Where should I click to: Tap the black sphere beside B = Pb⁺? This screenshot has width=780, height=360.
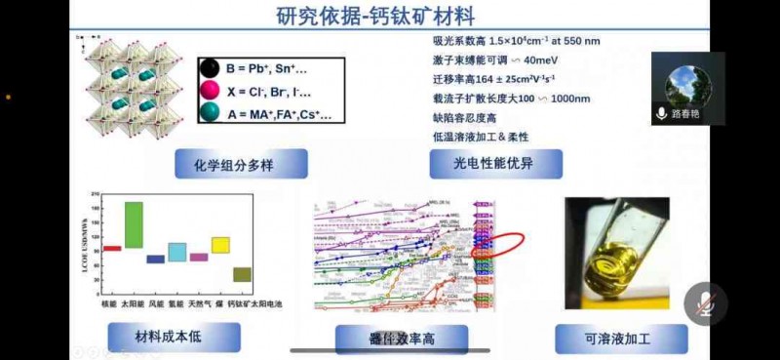pos(209,68)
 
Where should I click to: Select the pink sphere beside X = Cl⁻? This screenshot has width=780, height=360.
pos(209,91)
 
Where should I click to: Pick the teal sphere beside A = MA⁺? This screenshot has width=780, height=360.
pos(209,113)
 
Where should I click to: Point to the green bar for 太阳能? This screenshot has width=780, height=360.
pos(134,224)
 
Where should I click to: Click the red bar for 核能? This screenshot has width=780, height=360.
pos(112,248)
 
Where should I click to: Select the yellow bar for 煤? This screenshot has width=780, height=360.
pos(220,245)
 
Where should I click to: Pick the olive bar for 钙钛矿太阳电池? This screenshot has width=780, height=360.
pos(242,274)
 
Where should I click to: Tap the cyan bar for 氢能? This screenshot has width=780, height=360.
pos(176,252)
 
